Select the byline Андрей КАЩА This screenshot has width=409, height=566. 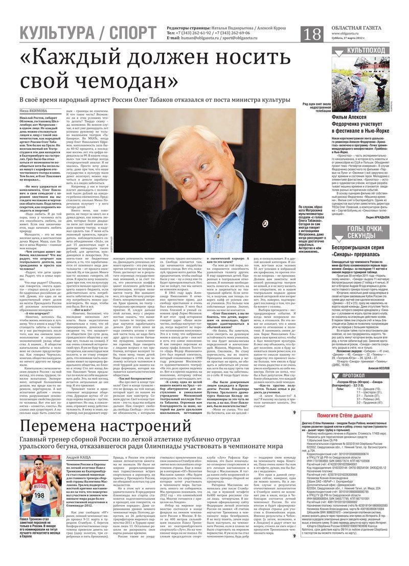point(79,457)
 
